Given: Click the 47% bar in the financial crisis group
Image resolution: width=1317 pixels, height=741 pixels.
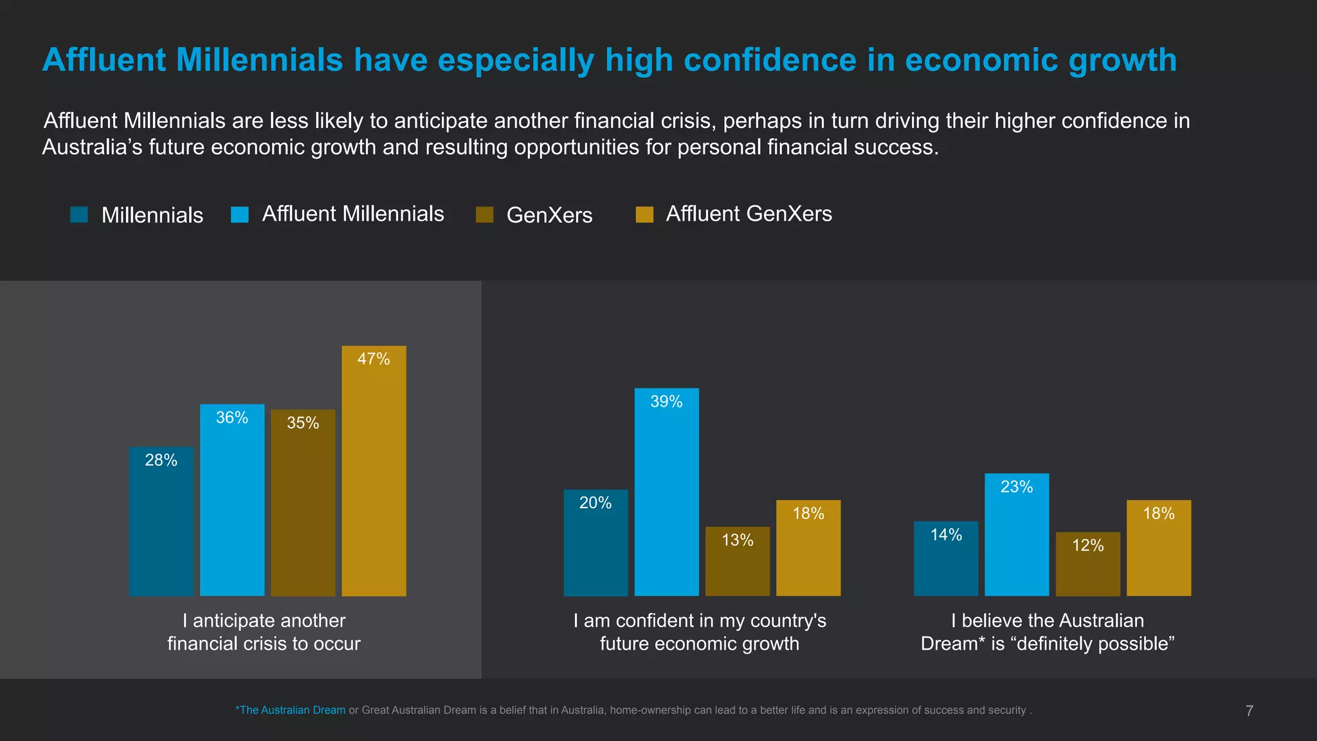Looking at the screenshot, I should point(374,476).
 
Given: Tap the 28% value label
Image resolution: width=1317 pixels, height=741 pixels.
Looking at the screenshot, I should point(161,461).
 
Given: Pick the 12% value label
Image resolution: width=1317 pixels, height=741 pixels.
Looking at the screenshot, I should point(1087,545).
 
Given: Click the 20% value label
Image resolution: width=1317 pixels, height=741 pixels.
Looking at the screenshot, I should point(595,503).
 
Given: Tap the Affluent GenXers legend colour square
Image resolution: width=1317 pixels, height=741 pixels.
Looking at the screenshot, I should point(644,215).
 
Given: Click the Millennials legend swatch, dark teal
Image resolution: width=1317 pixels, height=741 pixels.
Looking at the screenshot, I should point(78,215).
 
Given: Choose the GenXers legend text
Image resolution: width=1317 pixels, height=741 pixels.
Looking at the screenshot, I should point(549,215).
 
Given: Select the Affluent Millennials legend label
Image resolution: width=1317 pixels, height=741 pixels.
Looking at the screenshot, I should point(352,214).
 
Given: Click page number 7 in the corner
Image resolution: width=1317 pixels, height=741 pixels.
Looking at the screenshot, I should point(1249,711).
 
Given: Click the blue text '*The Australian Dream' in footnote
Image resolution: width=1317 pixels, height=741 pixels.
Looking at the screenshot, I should point(291,710).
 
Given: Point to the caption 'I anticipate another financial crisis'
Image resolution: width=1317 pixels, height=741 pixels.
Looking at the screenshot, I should point(264,632).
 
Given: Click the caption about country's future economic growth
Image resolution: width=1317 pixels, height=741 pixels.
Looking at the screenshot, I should point(700,632).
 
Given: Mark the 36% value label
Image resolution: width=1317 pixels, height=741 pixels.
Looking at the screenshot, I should point(232,418).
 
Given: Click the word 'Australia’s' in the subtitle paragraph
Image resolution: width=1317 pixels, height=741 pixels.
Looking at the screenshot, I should point(92,147).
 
